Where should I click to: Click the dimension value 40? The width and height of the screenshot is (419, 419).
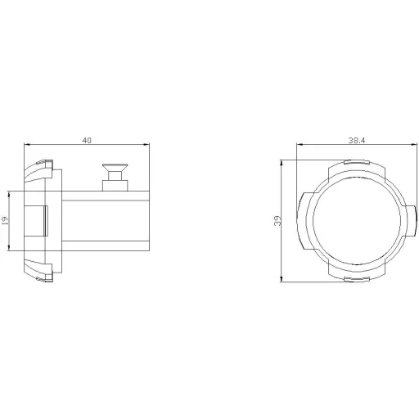pos(87,140)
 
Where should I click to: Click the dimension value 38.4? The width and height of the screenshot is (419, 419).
pos(356,140)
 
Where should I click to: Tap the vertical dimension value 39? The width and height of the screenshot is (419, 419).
pos(277,220)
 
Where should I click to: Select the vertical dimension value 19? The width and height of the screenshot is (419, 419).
pos(5,220)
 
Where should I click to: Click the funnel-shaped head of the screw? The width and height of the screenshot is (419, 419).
pos(115,167)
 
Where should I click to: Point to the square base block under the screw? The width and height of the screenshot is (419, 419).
pos(115,186)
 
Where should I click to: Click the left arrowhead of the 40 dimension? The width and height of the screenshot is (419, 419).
pos(26,144)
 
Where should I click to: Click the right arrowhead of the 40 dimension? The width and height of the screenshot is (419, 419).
pos(146,144)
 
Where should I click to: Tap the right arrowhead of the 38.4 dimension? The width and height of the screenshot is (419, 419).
pos(414,144)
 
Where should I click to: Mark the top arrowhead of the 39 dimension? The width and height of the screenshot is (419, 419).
pos(282,163)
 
